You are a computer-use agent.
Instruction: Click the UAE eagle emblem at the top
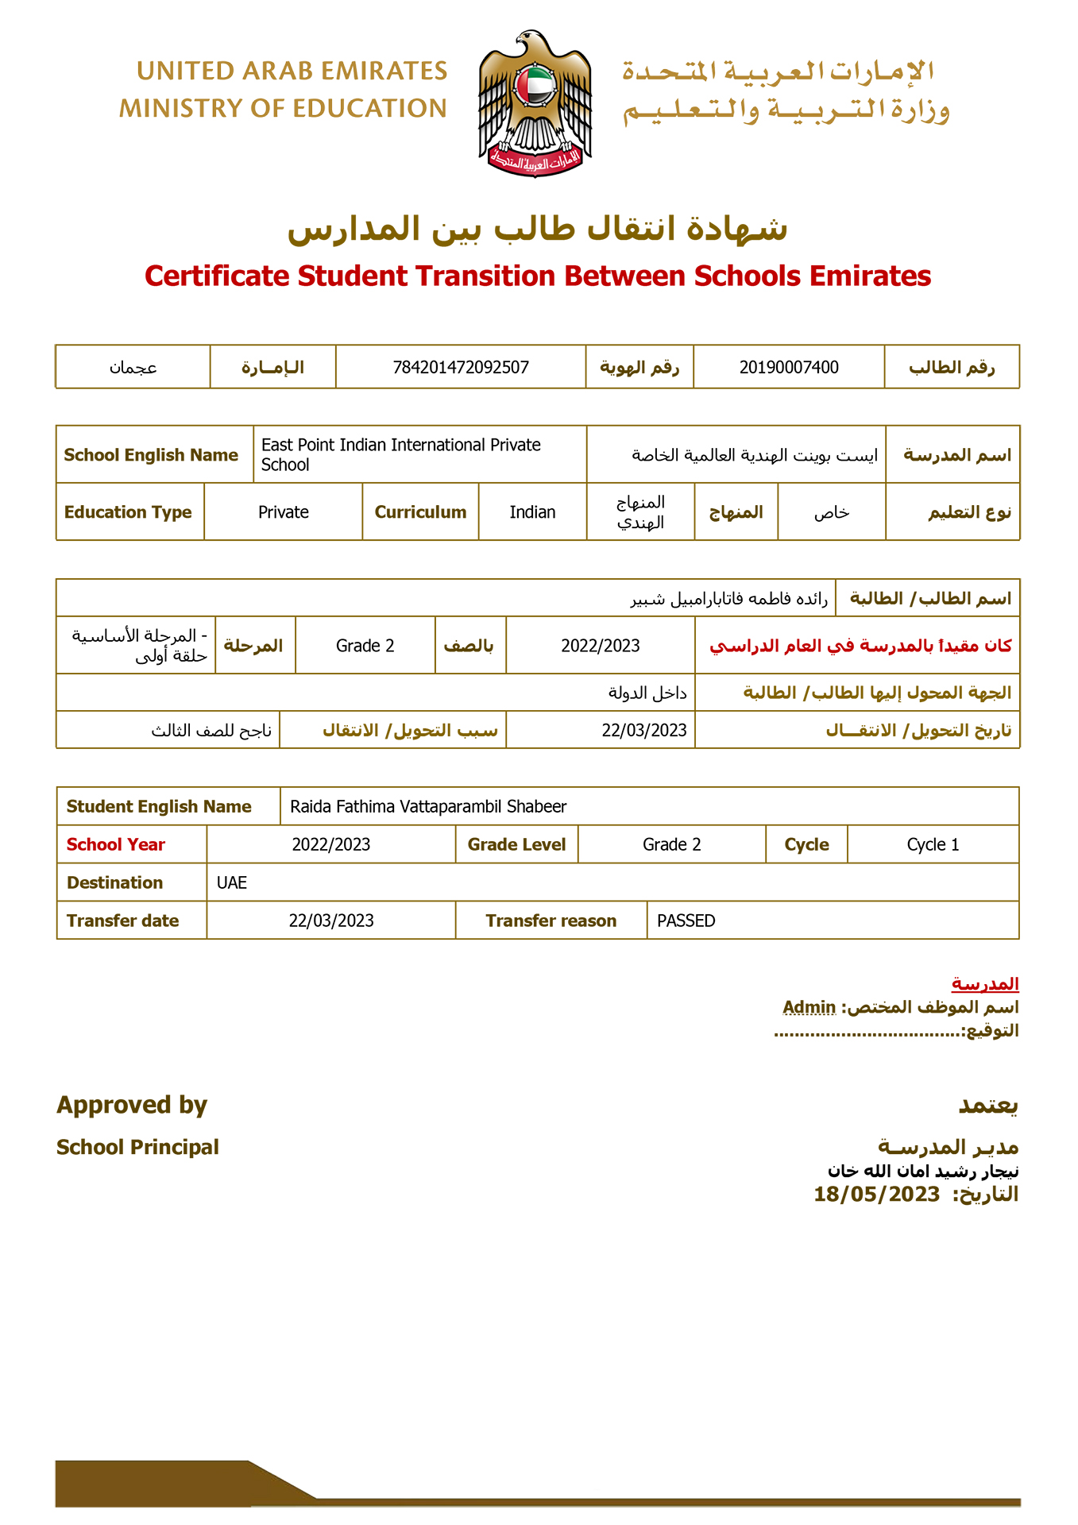coord(535,103)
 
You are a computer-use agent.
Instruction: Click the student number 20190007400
coord(788,367)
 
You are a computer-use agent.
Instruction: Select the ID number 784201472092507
coord(461,367)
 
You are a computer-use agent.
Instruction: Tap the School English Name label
coord(151,455)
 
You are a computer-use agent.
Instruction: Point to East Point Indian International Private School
coord(400,454)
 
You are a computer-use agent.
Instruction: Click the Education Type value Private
coord(283,512)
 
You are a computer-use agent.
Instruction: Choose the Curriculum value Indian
coord(532,512)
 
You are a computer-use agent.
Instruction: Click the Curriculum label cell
coord(420,512)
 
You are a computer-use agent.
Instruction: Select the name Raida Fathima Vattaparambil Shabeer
coord(428,807)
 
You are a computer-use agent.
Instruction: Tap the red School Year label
coord(116,844)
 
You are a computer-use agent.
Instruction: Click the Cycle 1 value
coord(933,844)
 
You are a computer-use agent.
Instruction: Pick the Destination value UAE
coord(232,882)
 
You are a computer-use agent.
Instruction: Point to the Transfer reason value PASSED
coord(686,921)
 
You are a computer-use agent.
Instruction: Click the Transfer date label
coord(122,921)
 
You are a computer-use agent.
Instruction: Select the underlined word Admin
coord(809,1007)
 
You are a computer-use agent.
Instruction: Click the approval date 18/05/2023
coord(876,1195)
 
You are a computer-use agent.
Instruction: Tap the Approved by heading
coord(132,1105)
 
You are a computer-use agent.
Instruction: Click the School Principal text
coord(137,1147)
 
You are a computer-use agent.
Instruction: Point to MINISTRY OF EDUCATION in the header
coord(283,109)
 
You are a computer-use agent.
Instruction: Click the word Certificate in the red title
coord(217,276)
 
